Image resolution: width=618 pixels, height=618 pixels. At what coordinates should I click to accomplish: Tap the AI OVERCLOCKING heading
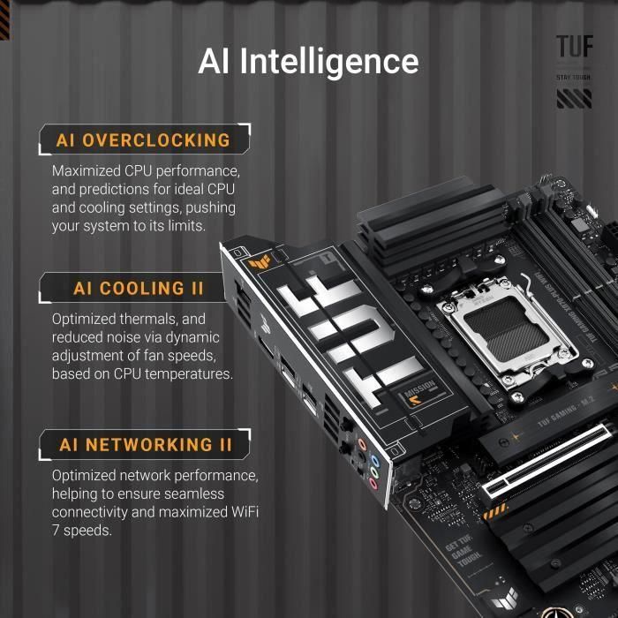[x=143, y=140]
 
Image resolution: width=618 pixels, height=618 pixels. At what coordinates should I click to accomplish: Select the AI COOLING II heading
[x=139, y=289]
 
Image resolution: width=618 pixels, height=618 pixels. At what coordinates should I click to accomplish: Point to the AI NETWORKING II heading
[x=146, y=445]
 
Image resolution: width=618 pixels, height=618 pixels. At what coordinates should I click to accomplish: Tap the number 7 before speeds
[x=56, y=531]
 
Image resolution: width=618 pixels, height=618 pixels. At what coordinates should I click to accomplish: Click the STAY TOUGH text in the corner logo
[x=574, y=78]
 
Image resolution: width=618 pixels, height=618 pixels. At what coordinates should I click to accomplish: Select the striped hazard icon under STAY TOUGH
[x=574, y=98]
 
